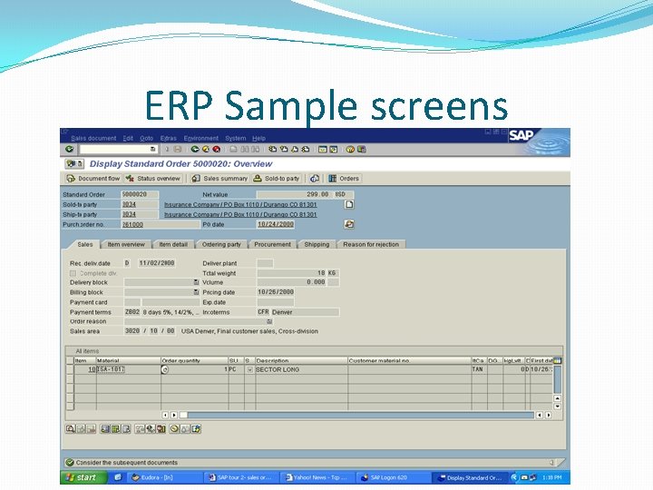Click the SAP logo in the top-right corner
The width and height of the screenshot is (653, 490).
[x=520, y=136]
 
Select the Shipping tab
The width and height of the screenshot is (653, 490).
[x=317, y=244]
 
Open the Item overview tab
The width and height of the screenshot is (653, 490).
[x=125, y=244]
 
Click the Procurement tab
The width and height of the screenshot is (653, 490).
[x=272, y=244]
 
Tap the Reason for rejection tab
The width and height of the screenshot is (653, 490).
[x=370, y=244]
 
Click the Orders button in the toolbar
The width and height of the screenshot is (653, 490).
[x=345, y=179]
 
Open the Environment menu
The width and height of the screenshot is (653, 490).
[x=200, y=138]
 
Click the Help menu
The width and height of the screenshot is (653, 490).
[x=258, y=138]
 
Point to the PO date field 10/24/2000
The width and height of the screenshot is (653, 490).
[x=276, y=224]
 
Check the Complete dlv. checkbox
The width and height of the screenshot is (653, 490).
[x=73, y=273]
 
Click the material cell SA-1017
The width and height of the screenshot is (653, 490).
[x=112, y=369]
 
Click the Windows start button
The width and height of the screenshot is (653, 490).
[x=81, y=476]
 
